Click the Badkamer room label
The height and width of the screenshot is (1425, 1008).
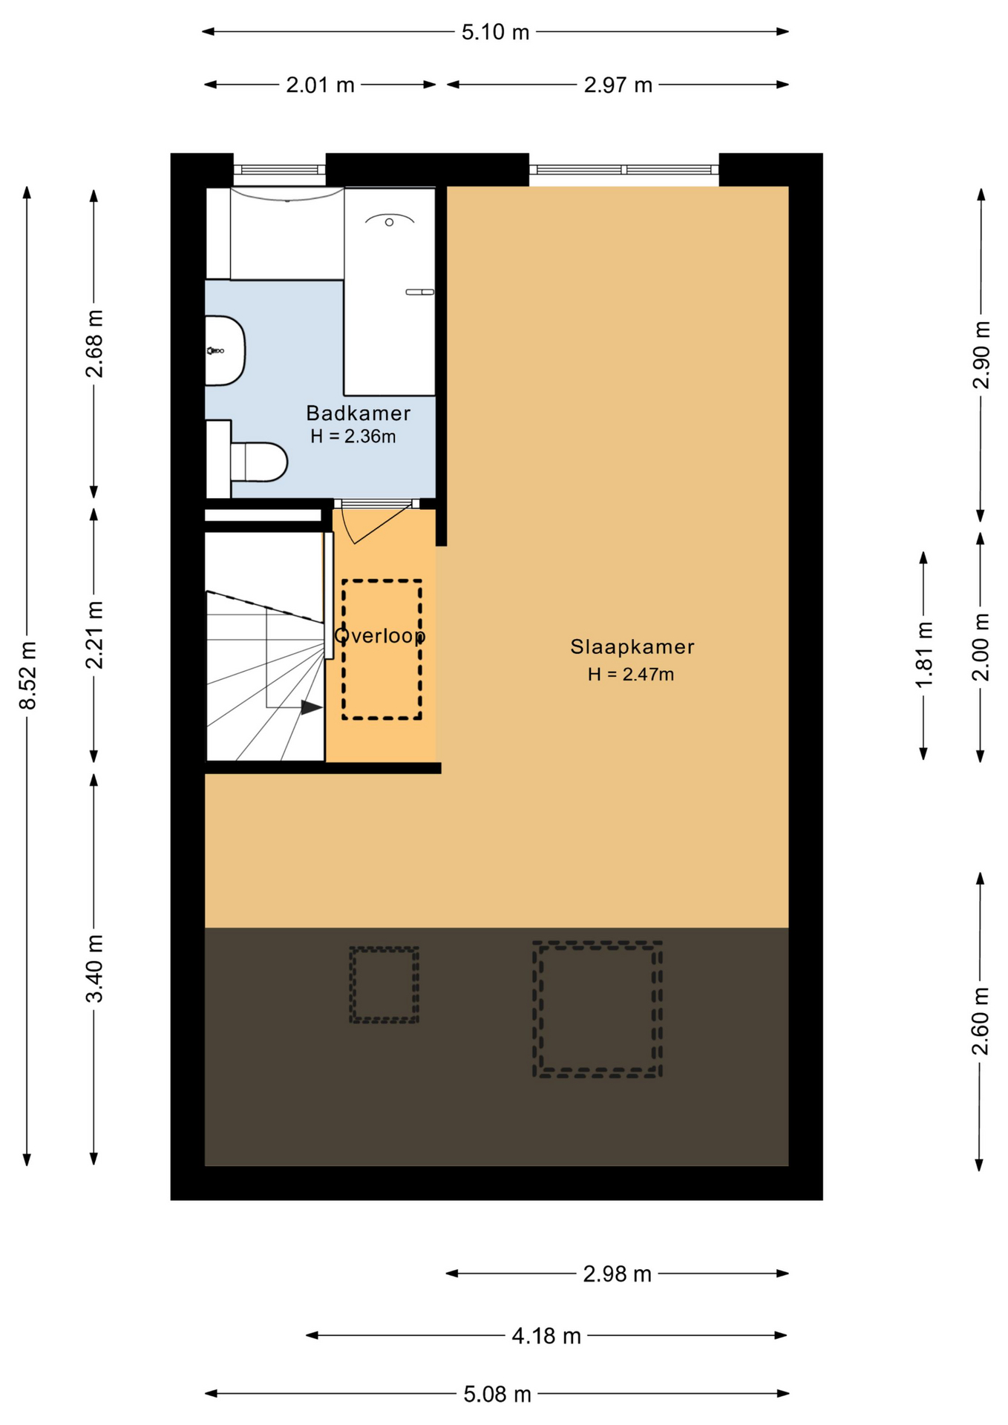pos(358,413)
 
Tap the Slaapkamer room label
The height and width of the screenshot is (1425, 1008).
pos(632,647)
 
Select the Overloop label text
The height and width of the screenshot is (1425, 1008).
pos(379,636)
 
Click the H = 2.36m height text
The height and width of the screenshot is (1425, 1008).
pos(353,436)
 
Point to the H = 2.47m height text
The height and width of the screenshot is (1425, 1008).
pos(631,675)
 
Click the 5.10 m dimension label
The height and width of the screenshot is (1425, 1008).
pos(495,32)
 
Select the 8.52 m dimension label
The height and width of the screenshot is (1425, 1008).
pos(28,675)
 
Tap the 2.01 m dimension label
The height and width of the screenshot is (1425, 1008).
pos(320,85)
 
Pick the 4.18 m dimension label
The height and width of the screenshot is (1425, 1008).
pos(546,1337)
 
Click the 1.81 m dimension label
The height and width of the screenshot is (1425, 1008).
pos(924,655)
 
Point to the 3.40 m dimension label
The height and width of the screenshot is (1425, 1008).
pos(95,969)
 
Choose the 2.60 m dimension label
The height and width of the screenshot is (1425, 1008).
pos(981,1021)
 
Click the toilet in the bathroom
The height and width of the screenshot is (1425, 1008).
pos(258,462)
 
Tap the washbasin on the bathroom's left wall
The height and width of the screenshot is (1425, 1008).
pos(224,351)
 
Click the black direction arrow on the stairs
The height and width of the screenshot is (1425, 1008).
pos(312,708)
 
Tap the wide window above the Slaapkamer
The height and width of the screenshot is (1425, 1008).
pos(624,170)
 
